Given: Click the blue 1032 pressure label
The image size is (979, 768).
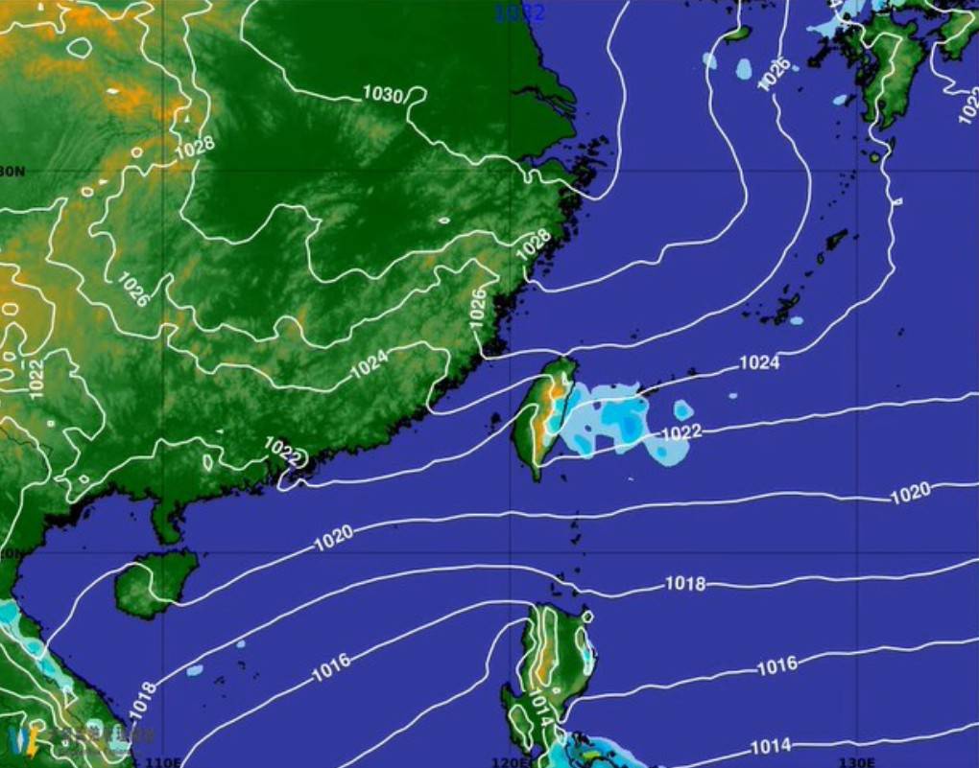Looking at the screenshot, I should pos(519,12).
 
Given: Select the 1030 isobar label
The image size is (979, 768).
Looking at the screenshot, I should pos(382,94).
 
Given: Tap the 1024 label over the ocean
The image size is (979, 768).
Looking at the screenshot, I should pos(758,362).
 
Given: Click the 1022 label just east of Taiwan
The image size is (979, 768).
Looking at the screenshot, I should pos(682,432).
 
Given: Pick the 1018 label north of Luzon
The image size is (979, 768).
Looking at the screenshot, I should pos(684,584).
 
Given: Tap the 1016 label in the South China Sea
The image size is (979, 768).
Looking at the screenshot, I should pos(330,668).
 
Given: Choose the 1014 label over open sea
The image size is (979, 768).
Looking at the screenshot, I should pos(770,746).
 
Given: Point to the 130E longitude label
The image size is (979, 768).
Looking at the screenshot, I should pos(856,762).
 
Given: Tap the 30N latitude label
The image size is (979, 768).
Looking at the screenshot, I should pos(12,172).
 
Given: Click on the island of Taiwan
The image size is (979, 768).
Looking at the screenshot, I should pos(539,417).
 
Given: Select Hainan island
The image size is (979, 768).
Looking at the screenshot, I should pos(154,583).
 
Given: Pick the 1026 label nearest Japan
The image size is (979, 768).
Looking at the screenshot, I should pos(776,74).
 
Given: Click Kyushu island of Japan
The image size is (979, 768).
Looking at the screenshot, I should pos(894,72).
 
